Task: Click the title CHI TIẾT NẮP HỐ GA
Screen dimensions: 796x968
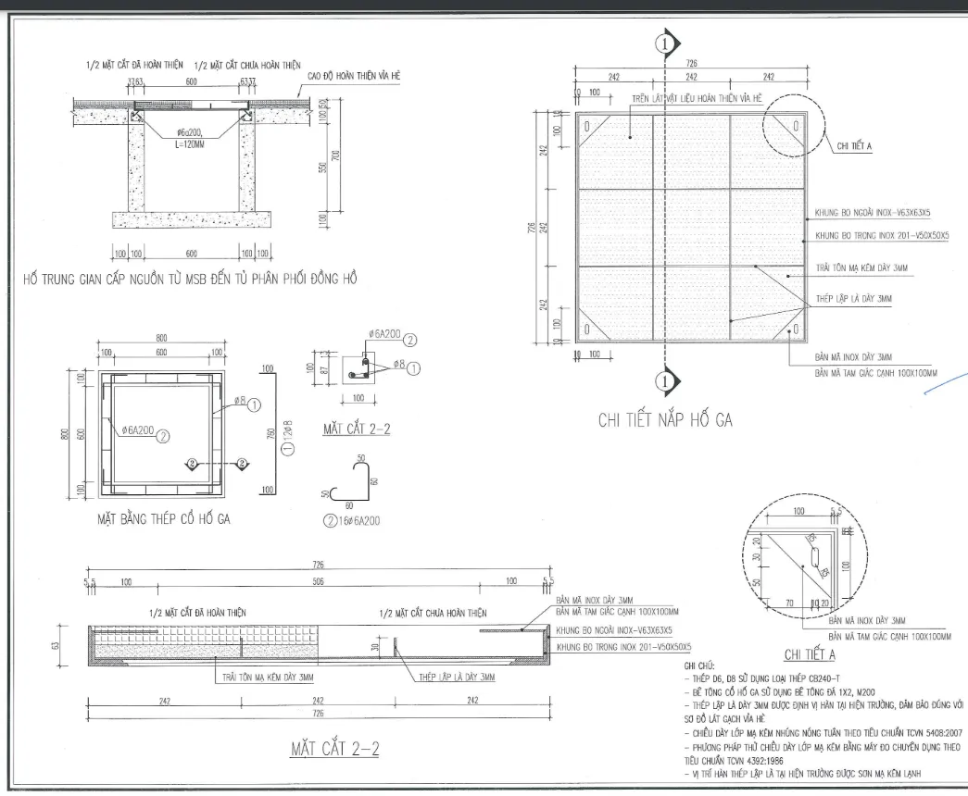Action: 665,422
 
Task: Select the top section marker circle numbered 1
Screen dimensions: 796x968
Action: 663,43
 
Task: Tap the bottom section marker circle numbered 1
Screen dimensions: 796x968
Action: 663,379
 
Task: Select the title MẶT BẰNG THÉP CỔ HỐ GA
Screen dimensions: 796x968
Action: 164,519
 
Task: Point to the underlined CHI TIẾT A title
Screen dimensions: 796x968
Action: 810,655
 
